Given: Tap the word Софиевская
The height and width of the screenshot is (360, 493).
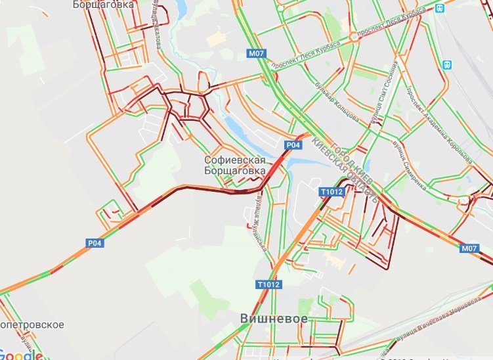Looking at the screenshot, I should pyautogui.click(x=234, y=160).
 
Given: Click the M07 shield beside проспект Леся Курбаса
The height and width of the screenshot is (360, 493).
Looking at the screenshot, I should pyautogui.click(x=256, y=53).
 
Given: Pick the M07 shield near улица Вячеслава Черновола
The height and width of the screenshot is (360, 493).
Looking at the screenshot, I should pyautogui.click(x=469, y=248).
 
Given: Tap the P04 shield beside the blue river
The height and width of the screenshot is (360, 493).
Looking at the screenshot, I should pyautogui.click(x=293, y=145).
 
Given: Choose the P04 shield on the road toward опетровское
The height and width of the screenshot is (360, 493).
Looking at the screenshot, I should pyautogui.click(x=95, y=242).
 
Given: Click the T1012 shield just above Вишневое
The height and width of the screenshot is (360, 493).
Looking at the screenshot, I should pyautogui.click(x=268, y=284).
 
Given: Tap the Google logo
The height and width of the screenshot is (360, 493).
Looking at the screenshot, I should pyautogui.click(x=21, y=355).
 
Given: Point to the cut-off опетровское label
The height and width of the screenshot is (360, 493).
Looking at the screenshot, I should pyautogui.click(x=32, y=325).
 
